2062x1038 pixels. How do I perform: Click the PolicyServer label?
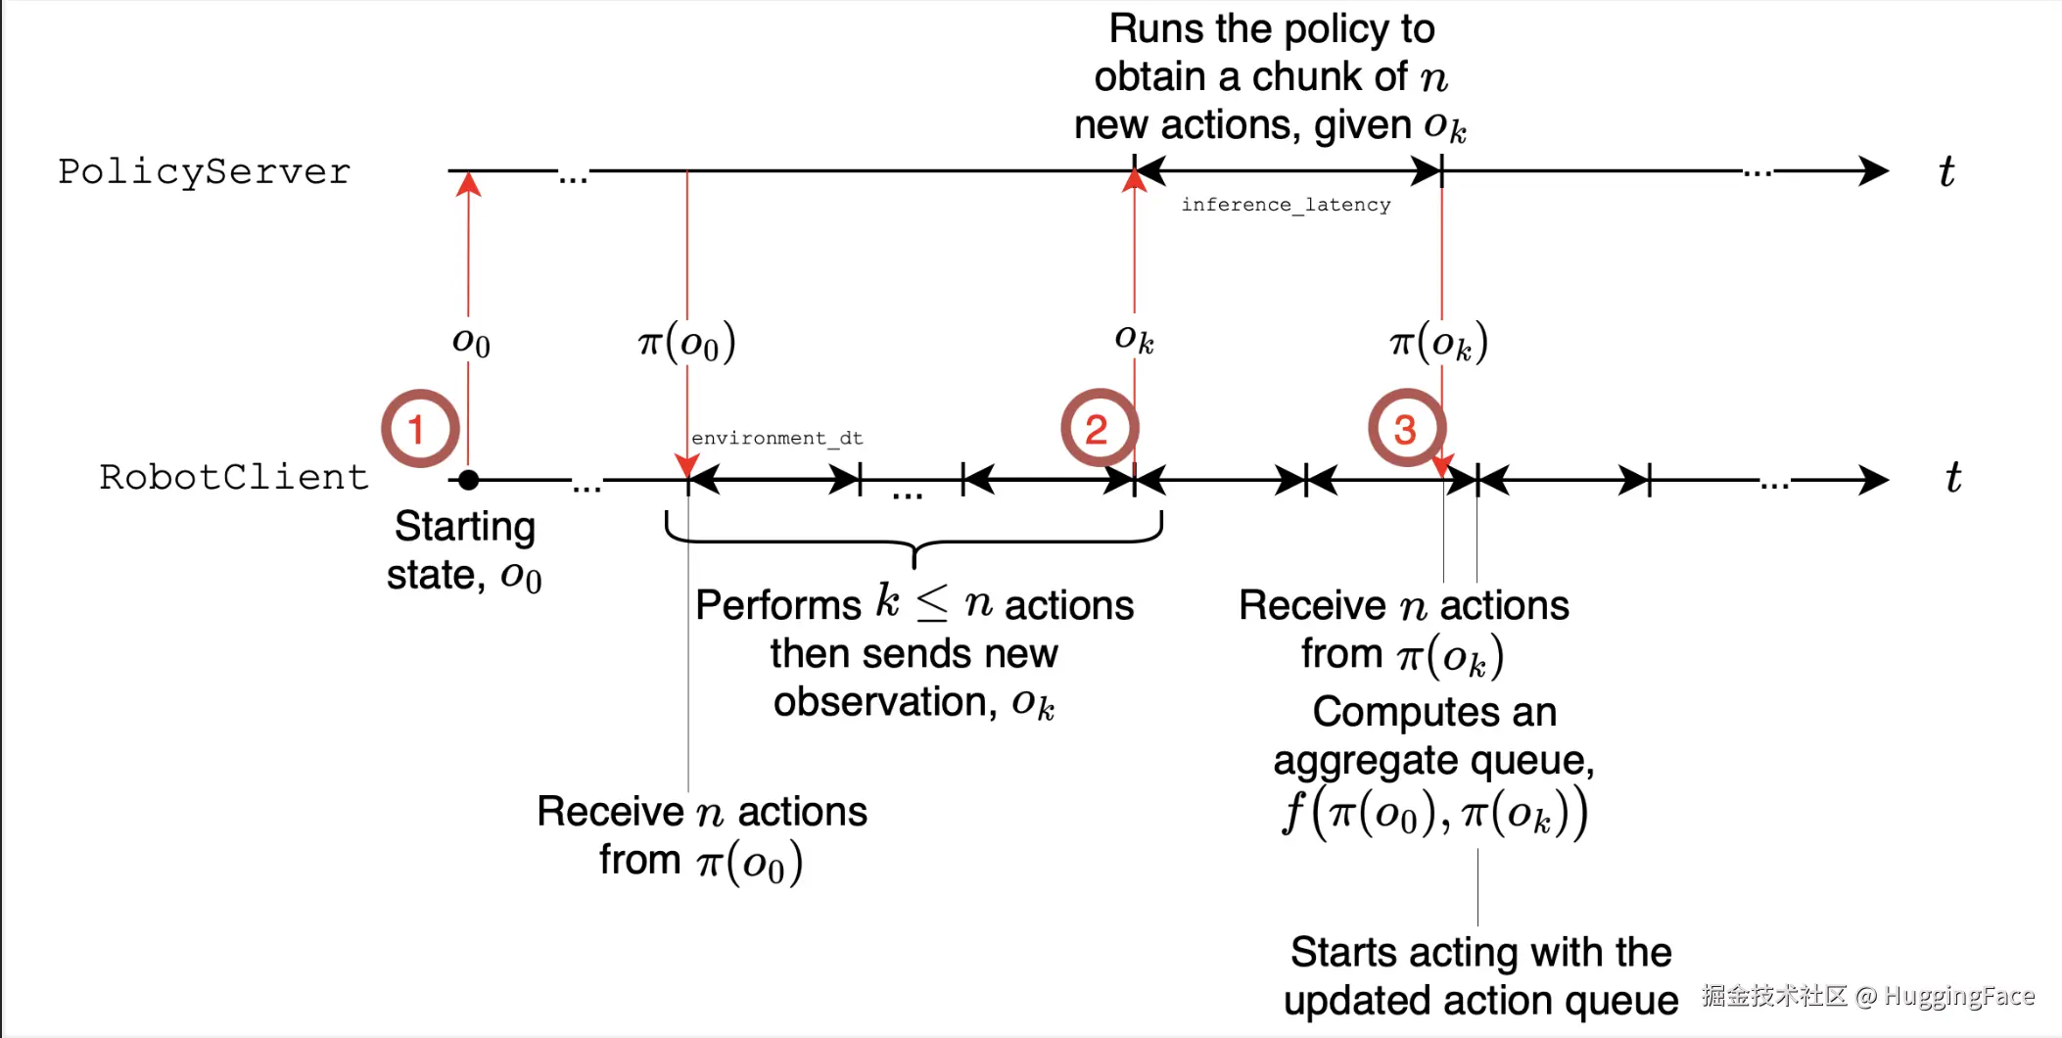point(204,172)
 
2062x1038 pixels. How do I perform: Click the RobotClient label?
point(234,478)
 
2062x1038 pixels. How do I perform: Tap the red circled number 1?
point(419,429)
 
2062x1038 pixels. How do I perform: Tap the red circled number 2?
point(1099,429)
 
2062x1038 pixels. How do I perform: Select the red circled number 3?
point(1406,429)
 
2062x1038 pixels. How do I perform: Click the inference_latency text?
point(1285,205)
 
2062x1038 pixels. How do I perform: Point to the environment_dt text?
point(776,438)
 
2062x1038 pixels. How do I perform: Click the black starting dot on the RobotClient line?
point(469,480)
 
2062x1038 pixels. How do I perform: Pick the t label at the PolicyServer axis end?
point(1946,172)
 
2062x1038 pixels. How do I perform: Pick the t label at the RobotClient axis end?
point(1952,478)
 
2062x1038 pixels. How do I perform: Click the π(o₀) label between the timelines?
point(686,343)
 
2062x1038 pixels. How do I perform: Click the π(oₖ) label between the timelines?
point(1438,343)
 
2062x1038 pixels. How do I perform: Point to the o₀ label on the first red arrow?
point(471,342)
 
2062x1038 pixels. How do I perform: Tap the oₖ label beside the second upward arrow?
point(1134,339)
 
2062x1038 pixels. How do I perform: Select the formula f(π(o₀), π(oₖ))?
point(1434,814)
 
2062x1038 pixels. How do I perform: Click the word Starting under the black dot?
point(464,528)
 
